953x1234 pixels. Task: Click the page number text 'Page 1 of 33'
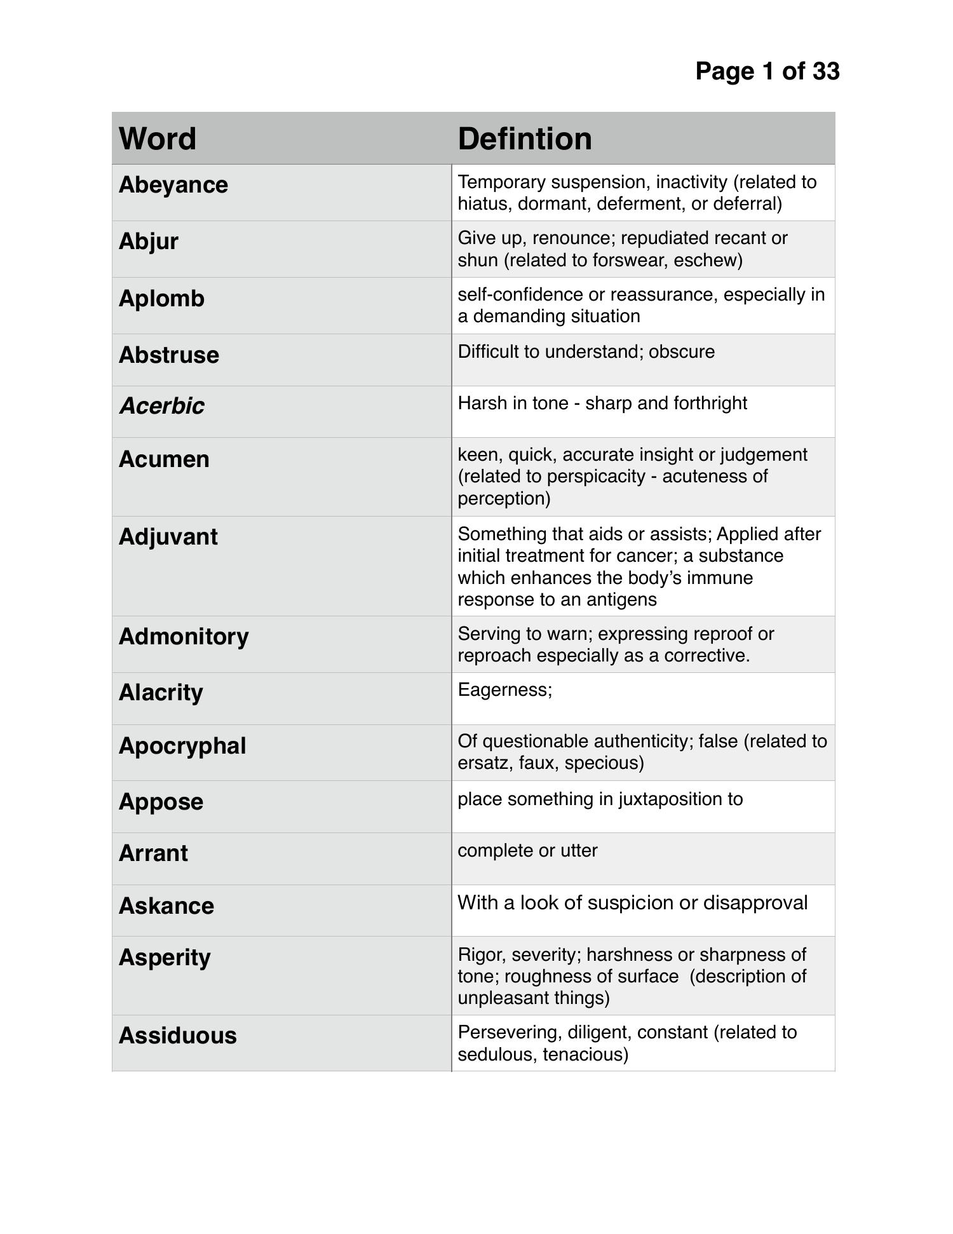coord(767,71)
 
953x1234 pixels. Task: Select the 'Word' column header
coord(158,139)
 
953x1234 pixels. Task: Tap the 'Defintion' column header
coord(524,139)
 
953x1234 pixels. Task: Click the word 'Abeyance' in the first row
coord(173,185)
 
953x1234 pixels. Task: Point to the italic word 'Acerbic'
coord(162,405)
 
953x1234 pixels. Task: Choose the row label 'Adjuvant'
coord(168,537)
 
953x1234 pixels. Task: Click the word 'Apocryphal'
coord(182,745)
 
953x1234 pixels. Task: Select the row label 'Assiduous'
coord(177,1035)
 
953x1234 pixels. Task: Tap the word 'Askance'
coord(166,905)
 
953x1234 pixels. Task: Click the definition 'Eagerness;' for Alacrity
coord(504,690)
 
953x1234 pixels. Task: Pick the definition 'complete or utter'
coord(527,851)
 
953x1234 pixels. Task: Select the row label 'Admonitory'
coord(184,637)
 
